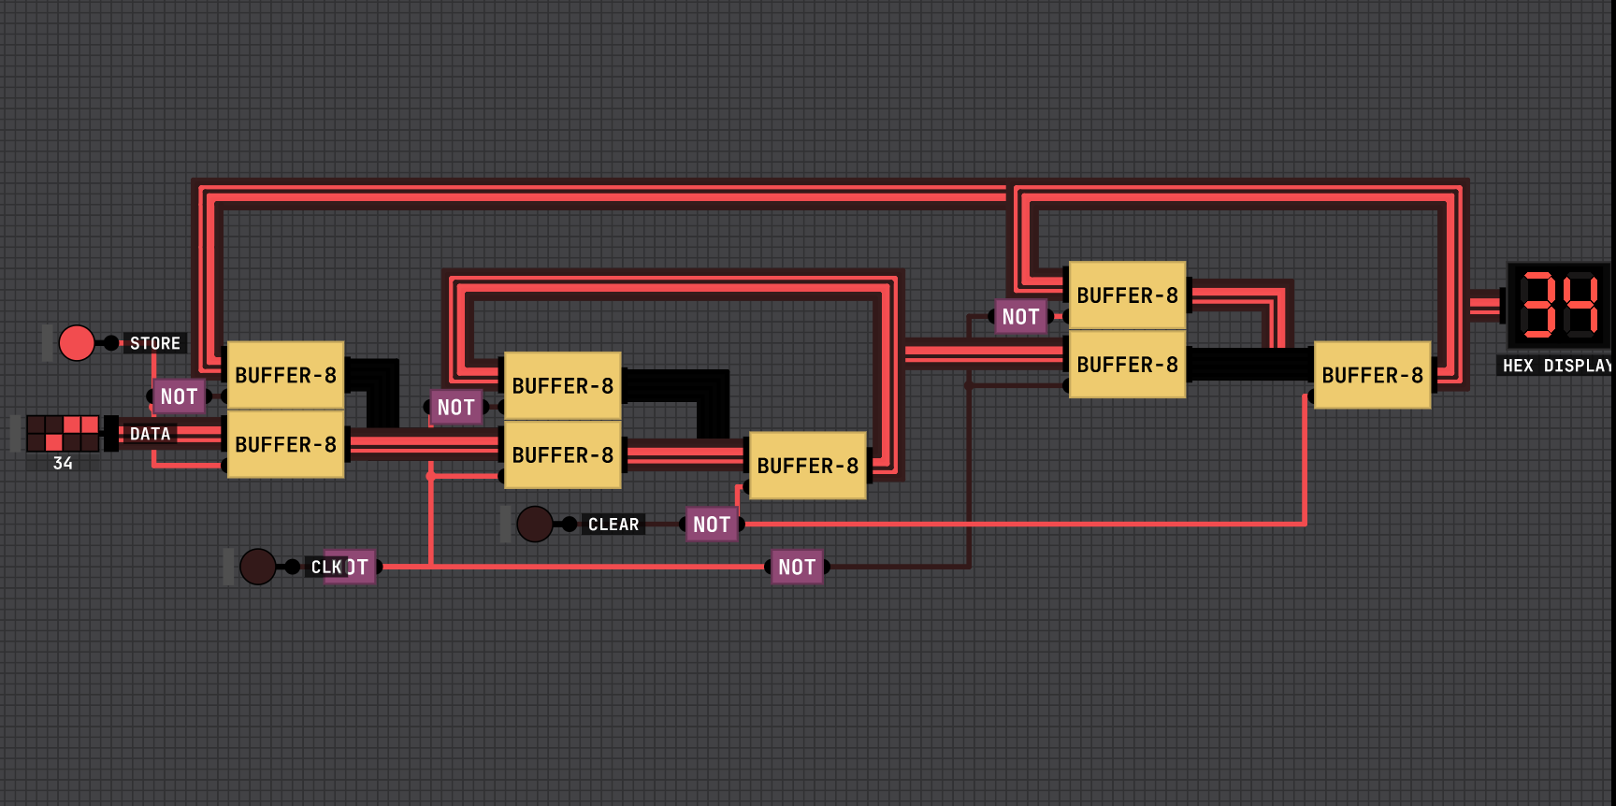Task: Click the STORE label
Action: (154, 343)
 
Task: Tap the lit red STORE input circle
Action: (77, 343)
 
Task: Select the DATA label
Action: (150, 434)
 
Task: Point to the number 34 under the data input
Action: (63, 463)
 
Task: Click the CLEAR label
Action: (613, 525)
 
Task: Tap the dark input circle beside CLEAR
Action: (535, 525)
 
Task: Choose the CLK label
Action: (326, 567)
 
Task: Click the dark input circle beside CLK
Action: (258, 567)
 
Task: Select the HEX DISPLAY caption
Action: (1556, 366)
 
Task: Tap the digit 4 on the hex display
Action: (1581, 305)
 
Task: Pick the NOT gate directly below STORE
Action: (179, 396)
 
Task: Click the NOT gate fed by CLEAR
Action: (712, 525)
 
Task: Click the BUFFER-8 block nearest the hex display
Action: (1372, 375)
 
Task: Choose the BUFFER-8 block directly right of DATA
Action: (285, 444)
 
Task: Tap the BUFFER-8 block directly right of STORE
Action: (285, 375)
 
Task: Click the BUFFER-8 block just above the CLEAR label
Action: (807, 465)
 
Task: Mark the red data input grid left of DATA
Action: (63, 433)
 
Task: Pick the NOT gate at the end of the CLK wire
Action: (797, 567)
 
